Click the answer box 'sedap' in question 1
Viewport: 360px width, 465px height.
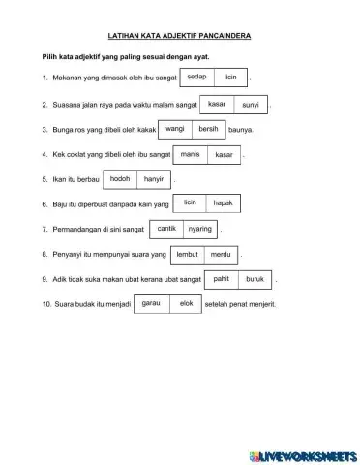tap(196, 76)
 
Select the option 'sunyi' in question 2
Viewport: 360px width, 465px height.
tap(251, 102)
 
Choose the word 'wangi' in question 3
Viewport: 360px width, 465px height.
tap(175, 128)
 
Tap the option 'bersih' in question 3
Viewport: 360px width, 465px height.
tap(208, 128)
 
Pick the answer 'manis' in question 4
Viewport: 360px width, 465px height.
tap(190, 153)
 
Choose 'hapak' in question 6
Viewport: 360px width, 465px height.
tap(224, 203)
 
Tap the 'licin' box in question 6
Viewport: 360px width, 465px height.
tap(190, 203)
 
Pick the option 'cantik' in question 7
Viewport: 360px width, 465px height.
tap(166, 229)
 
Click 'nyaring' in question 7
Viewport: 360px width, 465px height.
tap(200, 229)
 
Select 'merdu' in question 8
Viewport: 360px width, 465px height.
tap(221, 254)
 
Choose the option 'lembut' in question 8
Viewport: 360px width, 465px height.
tap(188, 254)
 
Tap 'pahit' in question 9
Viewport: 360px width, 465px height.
tap(221, 279)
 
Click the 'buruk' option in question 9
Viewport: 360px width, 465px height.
tap(255, 279)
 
